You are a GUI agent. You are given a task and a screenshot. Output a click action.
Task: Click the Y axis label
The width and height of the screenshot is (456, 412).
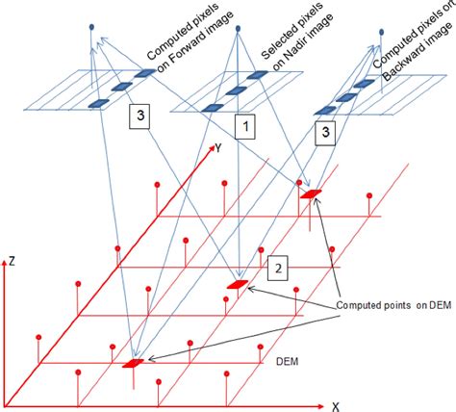[219, 149]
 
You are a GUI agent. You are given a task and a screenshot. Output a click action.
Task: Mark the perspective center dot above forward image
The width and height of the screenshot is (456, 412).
[92, 27]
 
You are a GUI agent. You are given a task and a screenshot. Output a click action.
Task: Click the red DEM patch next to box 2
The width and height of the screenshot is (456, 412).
[237, 285]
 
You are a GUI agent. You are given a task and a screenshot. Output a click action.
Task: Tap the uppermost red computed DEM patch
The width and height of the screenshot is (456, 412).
[310, 194]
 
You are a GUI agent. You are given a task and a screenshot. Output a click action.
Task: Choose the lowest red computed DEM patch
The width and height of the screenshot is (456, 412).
[134, 362]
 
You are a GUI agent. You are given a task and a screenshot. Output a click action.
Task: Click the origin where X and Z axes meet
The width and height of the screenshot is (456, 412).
[8, 403]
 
